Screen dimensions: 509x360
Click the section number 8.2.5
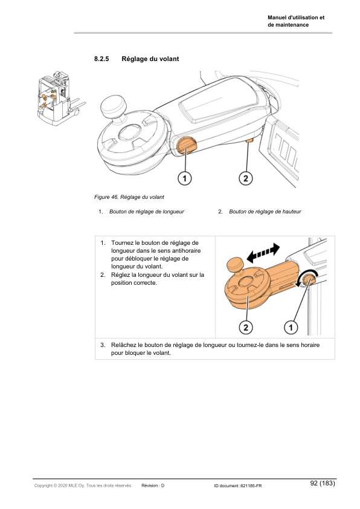[101, 59]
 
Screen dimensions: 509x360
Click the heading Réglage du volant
[150, 59]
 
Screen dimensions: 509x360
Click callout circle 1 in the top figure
[185, 178]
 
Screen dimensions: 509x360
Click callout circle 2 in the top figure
[245, 178]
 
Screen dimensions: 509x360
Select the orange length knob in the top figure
[185, 146]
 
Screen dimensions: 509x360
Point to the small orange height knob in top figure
[249, 141]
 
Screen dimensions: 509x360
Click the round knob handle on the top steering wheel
[112, 108]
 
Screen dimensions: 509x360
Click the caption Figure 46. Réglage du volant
[129, 197]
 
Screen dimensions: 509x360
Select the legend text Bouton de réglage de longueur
[147, 212]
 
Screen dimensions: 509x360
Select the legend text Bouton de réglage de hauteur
[265, 212]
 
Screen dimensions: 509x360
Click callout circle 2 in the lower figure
[245, 327]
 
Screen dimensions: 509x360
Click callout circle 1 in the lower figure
[291, 327]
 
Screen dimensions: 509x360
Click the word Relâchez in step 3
[124, 345]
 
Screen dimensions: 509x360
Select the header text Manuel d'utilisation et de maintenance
[296, 21]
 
